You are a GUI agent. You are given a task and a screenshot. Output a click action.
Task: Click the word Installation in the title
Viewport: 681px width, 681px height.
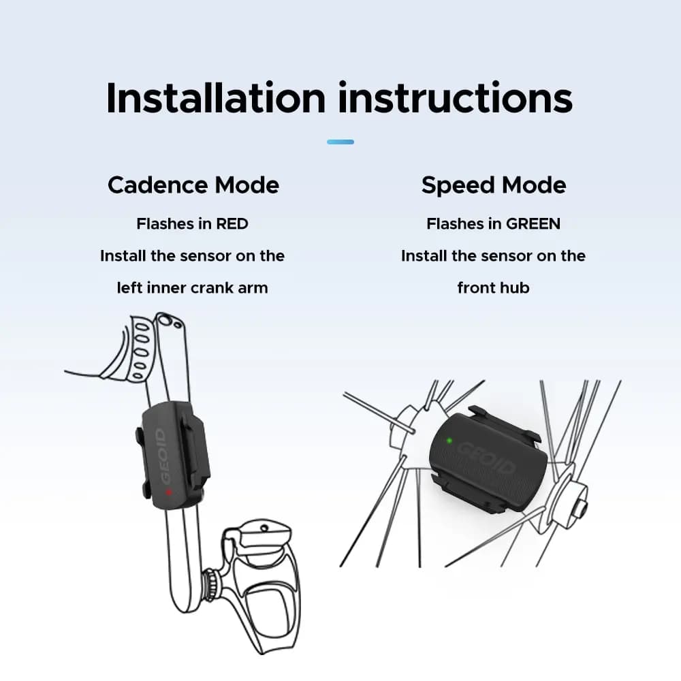(x=216, y=97)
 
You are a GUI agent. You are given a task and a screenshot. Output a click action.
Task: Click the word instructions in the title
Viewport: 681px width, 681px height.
(x=455, y=97)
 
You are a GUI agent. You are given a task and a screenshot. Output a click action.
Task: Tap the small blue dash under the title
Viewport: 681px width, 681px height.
(x=340, y=142)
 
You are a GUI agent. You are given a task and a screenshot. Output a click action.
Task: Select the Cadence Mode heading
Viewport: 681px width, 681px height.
(x=193, y=185)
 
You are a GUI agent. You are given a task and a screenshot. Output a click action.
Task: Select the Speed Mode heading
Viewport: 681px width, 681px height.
(x=494, y=185)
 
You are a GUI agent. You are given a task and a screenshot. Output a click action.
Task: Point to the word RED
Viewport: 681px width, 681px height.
(x=232, y=223)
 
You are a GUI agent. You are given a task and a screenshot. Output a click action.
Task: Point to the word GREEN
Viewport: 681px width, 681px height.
(x=533, y=223)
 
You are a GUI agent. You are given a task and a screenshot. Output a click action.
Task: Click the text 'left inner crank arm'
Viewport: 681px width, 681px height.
(x=193, y=288)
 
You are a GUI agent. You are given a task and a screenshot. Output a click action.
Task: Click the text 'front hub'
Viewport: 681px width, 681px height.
(x=493, y=288)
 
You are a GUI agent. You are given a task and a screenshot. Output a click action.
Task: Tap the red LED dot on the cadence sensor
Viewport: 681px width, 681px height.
(x=168, y=492)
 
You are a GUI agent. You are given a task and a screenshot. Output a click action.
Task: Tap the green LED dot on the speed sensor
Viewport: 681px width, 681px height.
(x=449, y=441)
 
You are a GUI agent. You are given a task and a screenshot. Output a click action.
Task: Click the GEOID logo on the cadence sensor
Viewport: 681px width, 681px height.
(x=163, y=456)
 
